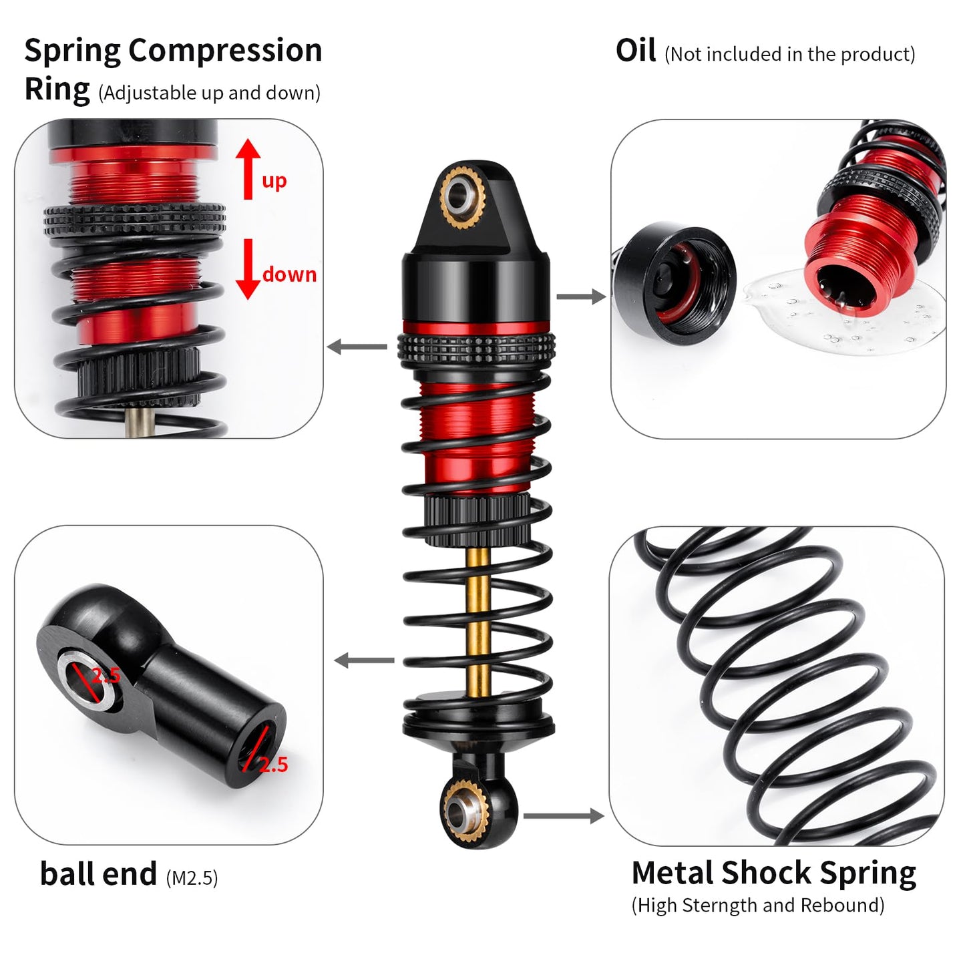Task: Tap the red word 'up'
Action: [x=274, y=181]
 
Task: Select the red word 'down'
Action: [x=289, y=274]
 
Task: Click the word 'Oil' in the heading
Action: [x=635, y=51]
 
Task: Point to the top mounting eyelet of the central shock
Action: [x=459, y=193]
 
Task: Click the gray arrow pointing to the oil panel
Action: [x=580, y=297]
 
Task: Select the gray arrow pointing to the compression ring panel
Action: [x=357, y=347]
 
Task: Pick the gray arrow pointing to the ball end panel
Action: [x=364, y=660]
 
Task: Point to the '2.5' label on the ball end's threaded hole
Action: [x=273, y=765]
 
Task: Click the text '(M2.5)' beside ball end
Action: [x=192, y=878]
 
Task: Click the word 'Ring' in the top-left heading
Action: [x=57, y=89]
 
